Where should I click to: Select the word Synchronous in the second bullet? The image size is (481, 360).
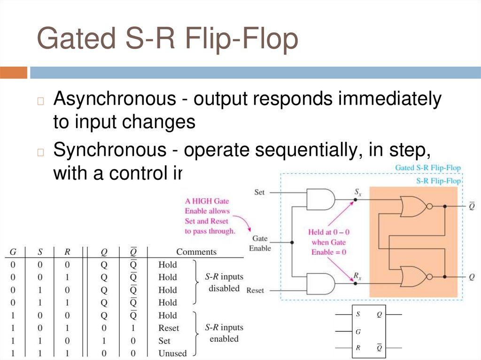[109, 151]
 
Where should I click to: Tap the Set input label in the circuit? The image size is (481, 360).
[259, 192]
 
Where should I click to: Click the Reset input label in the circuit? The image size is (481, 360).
[255, 291]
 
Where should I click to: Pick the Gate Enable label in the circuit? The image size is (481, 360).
[260, 243]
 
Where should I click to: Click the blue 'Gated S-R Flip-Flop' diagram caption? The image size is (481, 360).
[427, 168]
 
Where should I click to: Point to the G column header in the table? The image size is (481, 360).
[13, 252]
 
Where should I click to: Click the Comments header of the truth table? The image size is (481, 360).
[196, 252]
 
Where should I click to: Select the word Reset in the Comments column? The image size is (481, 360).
[169, 328]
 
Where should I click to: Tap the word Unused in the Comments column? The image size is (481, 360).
[172, 353]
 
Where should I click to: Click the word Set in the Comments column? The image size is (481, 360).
[164, 341]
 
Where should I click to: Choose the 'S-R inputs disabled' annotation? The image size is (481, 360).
[224, 283]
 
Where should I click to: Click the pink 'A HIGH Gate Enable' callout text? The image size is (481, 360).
[207, 216]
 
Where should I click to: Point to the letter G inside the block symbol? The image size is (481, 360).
[358, 332]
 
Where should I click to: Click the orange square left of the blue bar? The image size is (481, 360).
[14, 73]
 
